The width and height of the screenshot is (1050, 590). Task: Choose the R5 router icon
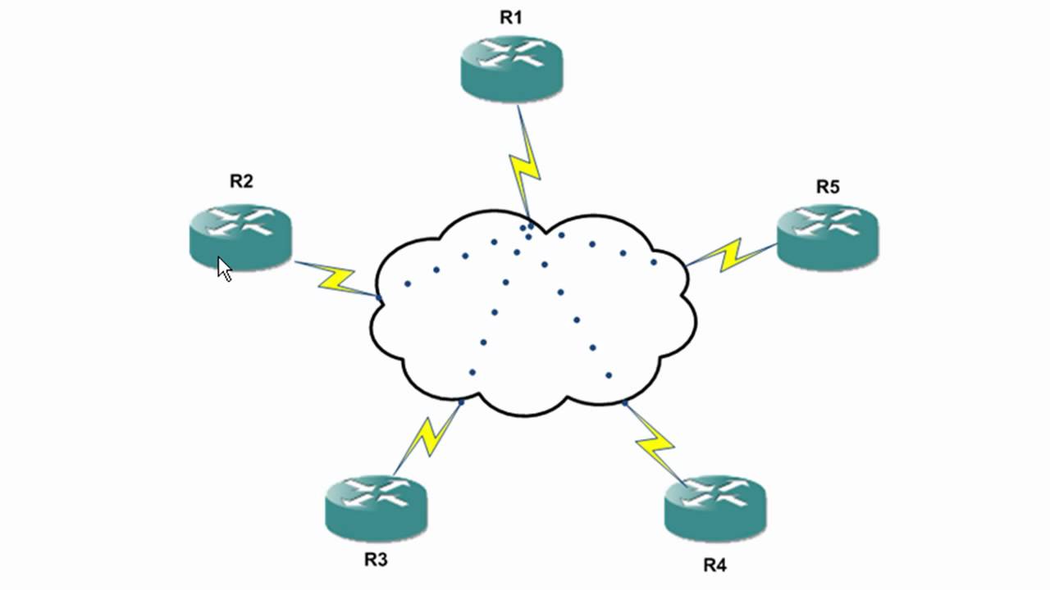827,234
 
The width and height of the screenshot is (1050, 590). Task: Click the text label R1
511,17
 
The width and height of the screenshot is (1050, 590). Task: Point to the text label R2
240,182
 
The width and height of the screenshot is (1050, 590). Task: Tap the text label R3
377,560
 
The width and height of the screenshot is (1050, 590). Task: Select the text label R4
714,565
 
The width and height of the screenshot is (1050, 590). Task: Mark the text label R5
827,187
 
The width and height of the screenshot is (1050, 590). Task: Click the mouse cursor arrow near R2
224,268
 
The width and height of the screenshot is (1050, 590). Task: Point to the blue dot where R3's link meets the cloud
462,402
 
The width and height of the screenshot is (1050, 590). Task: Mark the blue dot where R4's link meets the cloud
625,403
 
